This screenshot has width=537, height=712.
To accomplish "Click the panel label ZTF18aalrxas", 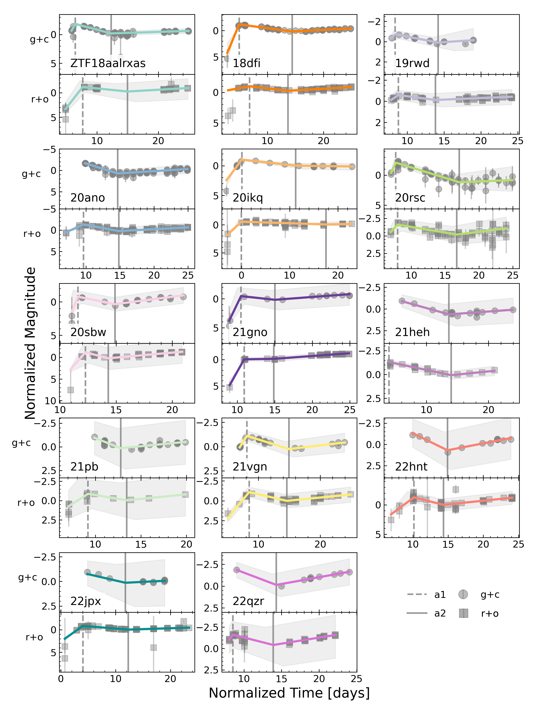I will click(x=108, y=63).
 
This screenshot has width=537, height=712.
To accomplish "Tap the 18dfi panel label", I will click(x=247, y=63).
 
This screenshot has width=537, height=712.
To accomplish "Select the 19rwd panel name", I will click(x=412, y=63).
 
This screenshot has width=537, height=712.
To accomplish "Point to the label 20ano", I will click(x=88, y=198).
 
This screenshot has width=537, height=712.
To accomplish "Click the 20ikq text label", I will click(x=248, y=198).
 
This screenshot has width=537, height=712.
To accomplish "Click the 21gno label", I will click(x=250, y=332).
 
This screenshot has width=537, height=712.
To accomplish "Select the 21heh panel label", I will click(x=412, y=332).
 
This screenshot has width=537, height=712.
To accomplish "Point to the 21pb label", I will click(x=84, y=467).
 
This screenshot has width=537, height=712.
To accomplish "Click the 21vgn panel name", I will click(x=250, y=467).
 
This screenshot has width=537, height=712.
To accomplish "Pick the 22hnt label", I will click(x=411, y=467).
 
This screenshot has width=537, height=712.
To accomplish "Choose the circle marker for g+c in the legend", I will click(x=463, y=594).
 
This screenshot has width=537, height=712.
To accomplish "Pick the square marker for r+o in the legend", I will click(x=463, y=613).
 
